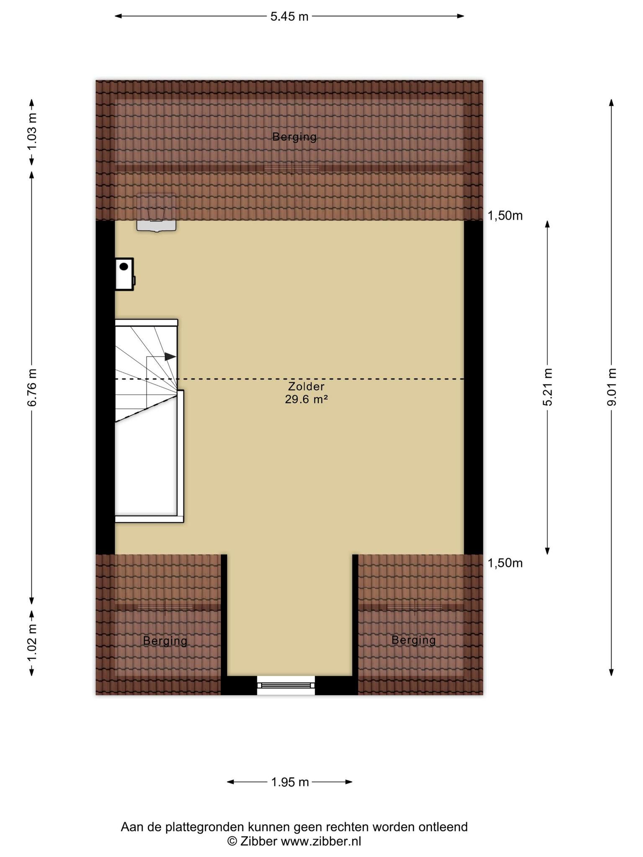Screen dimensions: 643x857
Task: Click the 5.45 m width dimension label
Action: (x=289, y=17)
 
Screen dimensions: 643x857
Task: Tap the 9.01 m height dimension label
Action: (x=612, y=387)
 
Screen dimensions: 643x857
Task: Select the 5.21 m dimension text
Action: (x=548, y=387)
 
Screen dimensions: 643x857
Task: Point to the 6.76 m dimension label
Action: (x=32, y=387)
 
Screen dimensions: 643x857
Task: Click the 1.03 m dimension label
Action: (x=32, y=131)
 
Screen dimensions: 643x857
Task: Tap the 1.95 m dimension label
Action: (x=290, y=782)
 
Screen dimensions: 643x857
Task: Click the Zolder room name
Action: (x=306, y=387)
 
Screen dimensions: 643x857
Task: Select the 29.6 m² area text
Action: (x=306, y=399)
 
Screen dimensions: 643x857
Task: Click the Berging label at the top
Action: (x=294, y=137)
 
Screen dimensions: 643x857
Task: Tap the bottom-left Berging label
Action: (x=165, y=641)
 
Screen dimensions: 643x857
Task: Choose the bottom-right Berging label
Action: (x=414, y=640)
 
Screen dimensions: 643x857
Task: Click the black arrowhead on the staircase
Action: (x=170, y=357)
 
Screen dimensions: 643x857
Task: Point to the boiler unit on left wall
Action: (x=125, y=274)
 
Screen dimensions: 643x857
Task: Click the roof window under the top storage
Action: (x=156, y=212)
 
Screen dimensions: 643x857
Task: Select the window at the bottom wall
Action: (x=286, y=685)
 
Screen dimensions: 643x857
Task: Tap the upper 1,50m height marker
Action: (x=505, y=216)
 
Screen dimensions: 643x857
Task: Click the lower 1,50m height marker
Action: (x=505, y=563)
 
